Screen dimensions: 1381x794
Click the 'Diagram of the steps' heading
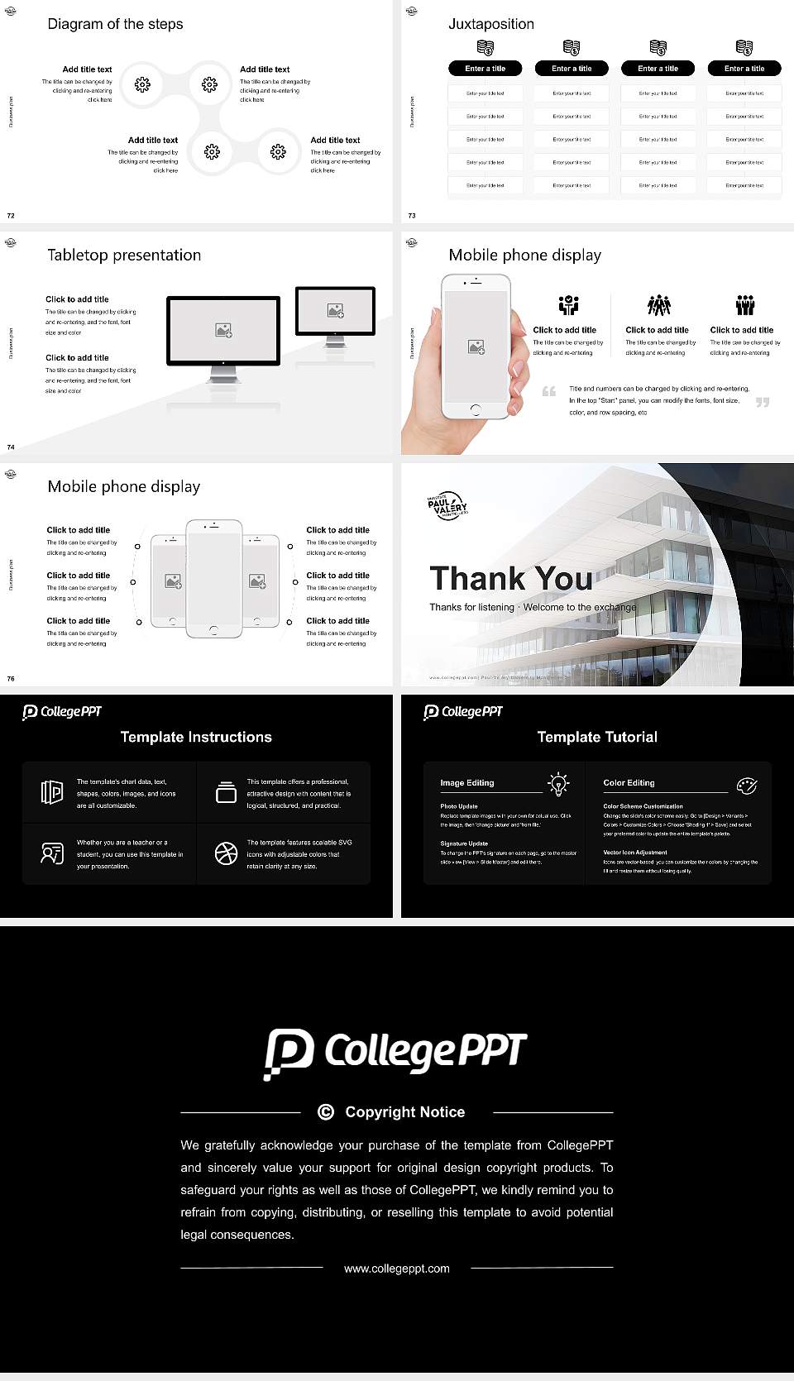(115, 24)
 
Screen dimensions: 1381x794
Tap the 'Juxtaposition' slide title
(490, 24)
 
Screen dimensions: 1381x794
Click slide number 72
(11, 215)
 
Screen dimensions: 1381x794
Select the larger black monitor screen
(223, 331)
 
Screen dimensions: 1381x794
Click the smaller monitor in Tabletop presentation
(335, 311)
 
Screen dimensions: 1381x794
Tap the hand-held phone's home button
(475, 409)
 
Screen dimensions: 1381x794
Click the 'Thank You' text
(510, 579)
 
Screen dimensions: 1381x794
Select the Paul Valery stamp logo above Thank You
(447, 505)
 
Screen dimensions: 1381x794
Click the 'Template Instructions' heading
(196, 737)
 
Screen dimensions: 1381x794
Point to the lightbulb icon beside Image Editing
(558, 783)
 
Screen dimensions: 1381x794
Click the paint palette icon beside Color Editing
(746, 785)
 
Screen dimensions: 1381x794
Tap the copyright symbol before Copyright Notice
(326, 1112)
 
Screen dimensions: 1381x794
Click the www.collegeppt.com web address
(397, 1269)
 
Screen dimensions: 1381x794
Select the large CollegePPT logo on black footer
(395, 1052)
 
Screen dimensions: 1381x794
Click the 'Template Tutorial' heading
(597, 737)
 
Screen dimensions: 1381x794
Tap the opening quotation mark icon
(549, 391)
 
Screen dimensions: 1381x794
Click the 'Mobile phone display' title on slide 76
(123, 486)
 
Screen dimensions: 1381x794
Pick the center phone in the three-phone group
(213, 579)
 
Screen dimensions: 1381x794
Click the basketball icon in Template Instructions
(226, 853)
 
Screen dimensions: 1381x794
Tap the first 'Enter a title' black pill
(485, 69)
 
